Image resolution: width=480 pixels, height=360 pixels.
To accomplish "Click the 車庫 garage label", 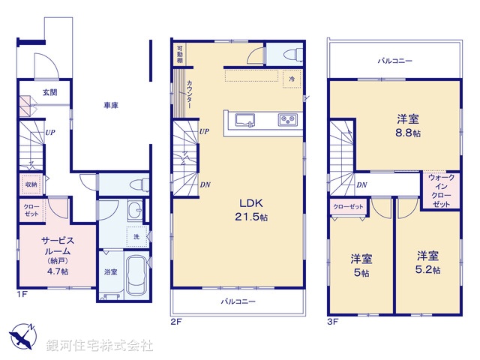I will click(111, 106).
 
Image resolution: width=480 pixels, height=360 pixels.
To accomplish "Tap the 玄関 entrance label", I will click(49, 92).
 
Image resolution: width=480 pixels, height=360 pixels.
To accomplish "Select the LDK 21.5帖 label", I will click(253, 209).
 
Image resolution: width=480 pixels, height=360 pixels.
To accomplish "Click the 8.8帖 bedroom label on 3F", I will click(409, 125).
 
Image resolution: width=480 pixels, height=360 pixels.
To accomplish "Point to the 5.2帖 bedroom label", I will click(429, 262).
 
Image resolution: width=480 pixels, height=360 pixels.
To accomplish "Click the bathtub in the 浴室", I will click(136, 276).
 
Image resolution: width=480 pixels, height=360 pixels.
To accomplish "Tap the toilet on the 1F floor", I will click(136, 184).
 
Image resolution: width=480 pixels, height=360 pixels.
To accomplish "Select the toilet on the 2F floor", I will click(293, 55).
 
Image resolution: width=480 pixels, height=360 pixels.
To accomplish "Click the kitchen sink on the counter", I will click(245, 120).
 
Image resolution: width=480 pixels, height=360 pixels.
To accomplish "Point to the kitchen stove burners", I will click(288, 120).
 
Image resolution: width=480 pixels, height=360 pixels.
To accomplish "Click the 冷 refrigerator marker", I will click(290, 79).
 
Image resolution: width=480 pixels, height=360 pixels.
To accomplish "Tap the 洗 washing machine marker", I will click(136, 237).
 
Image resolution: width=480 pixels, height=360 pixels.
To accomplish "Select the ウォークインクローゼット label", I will click(441, 190).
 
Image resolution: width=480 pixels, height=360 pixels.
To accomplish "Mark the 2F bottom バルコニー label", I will click(238, 301).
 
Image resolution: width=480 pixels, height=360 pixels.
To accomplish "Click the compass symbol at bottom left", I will click(23, 335).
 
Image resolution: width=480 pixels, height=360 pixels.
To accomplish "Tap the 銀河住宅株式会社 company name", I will click(100, 346).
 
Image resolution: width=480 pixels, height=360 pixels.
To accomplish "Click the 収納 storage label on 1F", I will click(31, 184).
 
